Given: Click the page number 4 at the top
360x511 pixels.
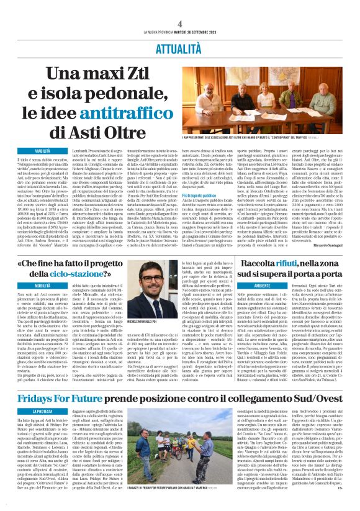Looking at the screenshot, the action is pos(179,6).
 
